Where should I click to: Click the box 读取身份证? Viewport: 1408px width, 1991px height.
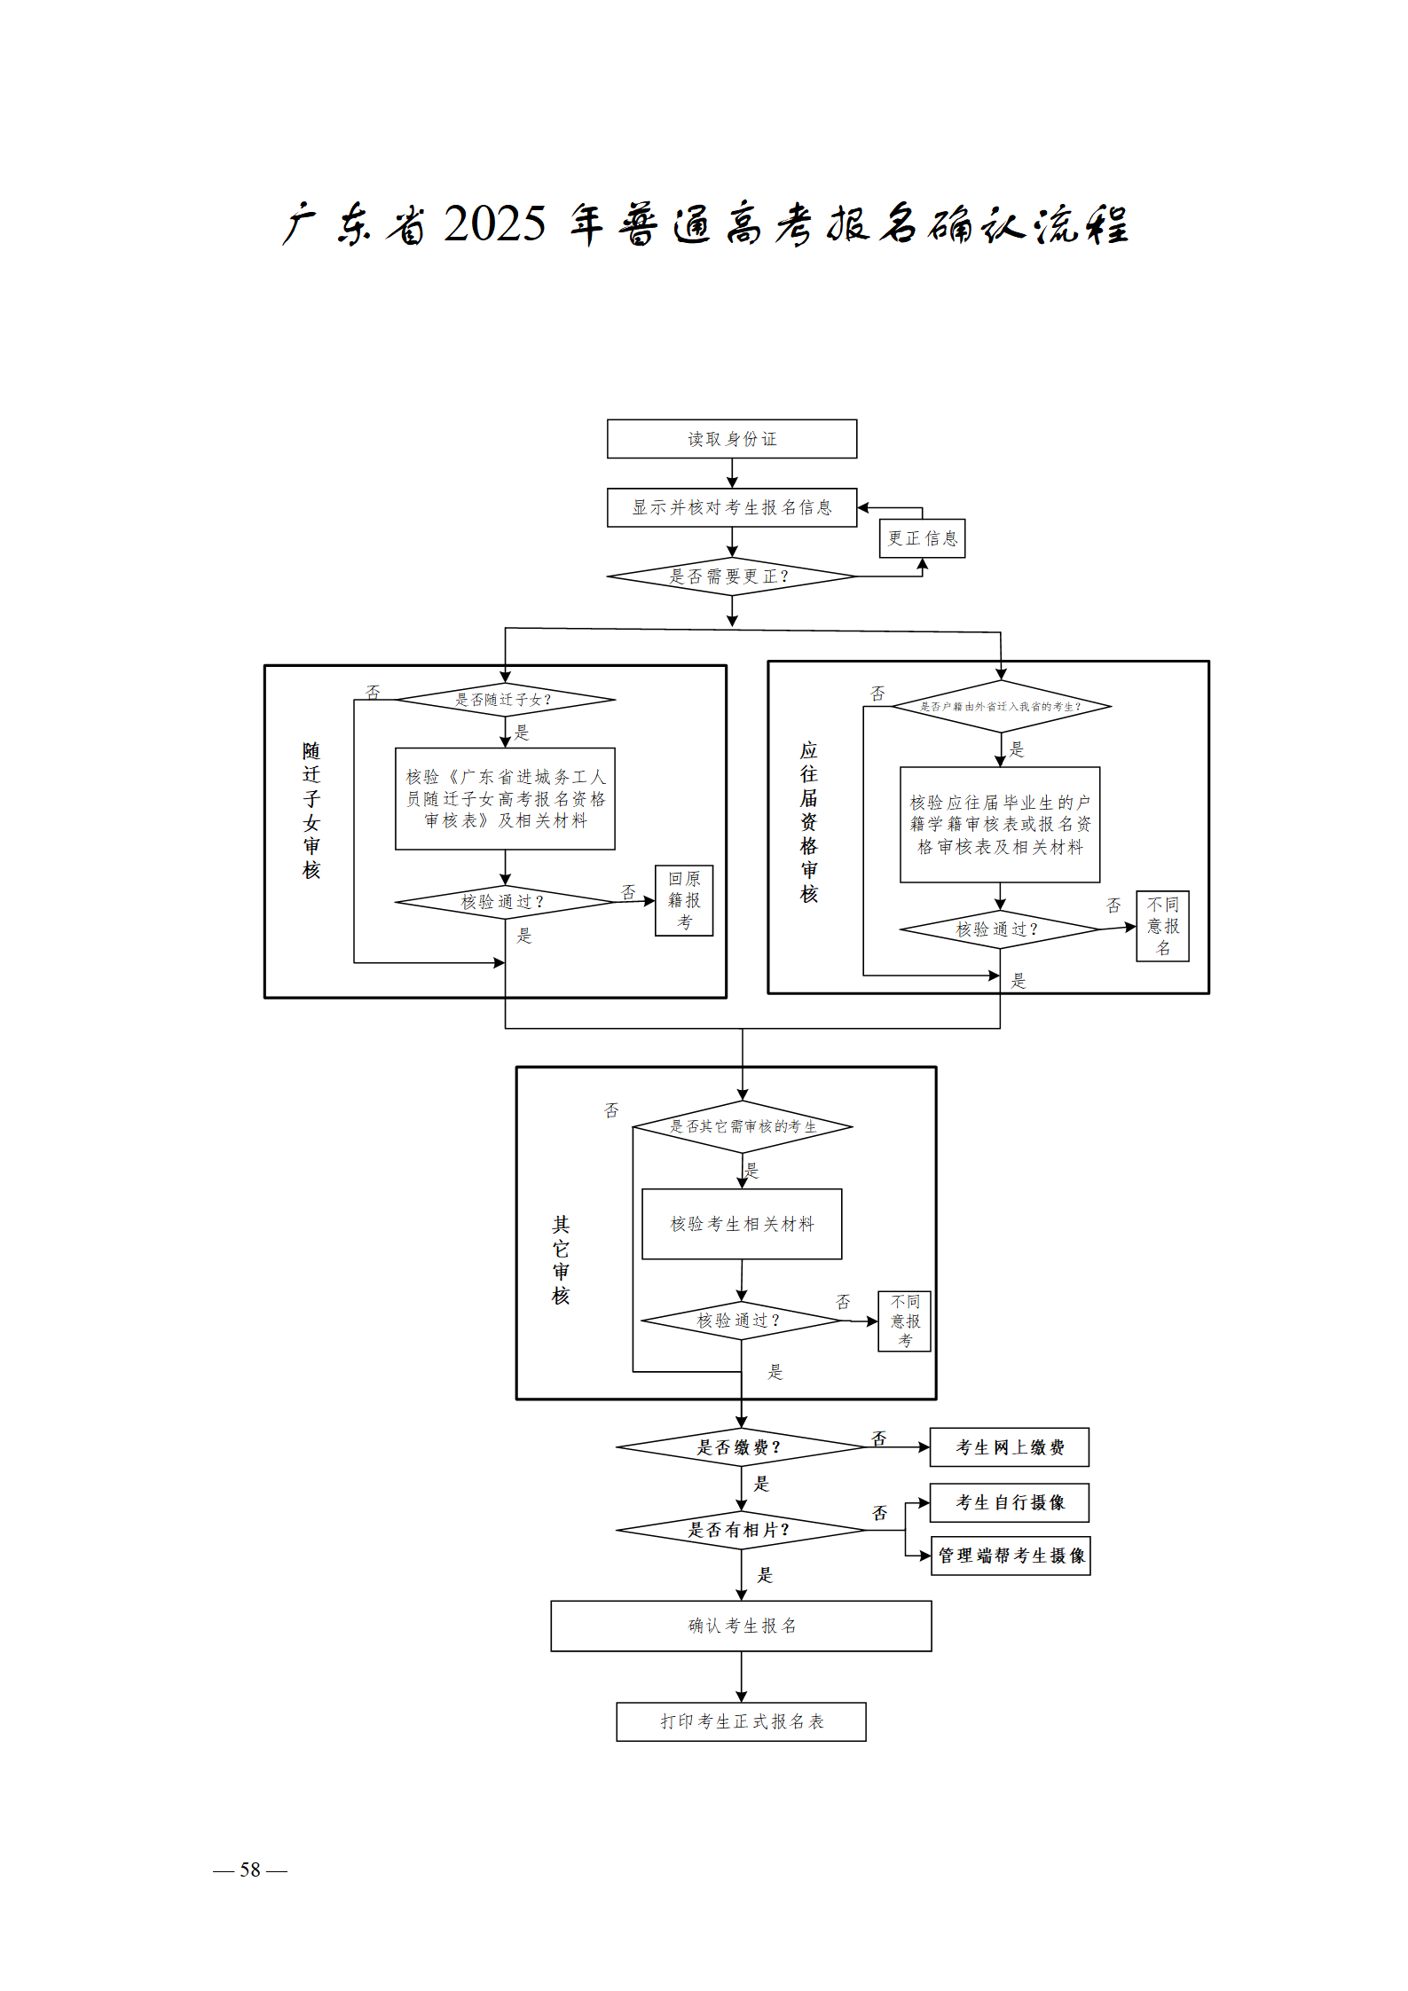(731, 439)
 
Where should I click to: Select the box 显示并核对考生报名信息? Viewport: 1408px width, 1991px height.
(731, 507)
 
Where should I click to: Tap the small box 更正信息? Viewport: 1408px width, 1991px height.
(922, 538)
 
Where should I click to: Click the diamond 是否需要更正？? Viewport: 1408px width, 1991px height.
(731, 576)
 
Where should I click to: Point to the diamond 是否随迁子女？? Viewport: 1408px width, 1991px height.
(505, 700)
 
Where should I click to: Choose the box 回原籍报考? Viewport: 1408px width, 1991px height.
(684, 900)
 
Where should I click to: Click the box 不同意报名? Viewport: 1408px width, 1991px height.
(1162, 926)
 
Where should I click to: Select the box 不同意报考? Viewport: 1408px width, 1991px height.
(904, 1321)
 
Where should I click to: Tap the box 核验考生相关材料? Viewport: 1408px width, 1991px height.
(742, 1224)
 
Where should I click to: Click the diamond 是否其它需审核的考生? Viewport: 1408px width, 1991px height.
(742, 1127)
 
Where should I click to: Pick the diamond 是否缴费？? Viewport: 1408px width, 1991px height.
(741, 1447)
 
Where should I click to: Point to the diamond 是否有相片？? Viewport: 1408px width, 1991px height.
(741, 1530)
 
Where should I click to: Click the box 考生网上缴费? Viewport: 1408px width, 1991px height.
(1009, 1447)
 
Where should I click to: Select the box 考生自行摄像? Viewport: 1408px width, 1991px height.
(1009, 1502)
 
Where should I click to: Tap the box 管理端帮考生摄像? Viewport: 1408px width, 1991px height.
(1011, 1556)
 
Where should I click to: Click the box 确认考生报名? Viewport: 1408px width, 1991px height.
(741, 1626)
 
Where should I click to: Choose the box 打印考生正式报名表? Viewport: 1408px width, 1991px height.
(741, 1721)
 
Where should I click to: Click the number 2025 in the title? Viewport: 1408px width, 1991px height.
(494, 223)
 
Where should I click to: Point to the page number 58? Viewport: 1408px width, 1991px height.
(250, 1870)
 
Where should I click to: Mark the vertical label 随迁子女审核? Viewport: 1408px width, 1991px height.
(311, 810)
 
